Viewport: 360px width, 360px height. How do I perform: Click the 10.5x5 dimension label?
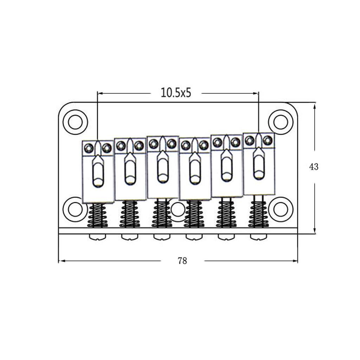[x=176, y=93]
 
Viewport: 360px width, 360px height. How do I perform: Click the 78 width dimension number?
[x=182, y=261]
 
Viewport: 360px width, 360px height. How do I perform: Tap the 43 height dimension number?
[x=314, y=167]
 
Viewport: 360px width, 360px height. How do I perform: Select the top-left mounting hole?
[x=75, y=122]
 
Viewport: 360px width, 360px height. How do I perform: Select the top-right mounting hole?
[x=281, y=122]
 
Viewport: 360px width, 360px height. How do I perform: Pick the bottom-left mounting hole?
[x=75, y=210]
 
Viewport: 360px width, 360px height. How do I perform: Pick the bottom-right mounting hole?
[x=281, y=210]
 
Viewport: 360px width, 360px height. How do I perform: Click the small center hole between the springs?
[x=178, y=210]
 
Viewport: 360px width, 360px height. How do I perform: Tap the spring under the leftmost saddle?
[x=97, y=215]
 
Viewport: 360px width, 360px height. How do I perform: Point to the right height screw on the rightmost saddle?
[x=268, y=140]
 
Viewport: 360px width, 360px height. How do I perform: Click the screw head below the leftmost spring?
[x=97, y=237]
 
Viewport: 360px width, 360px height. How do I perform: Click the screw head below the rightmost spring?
[x=258, y=237]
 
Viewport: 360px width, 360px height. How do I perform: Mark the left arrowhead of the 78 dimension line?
[x=61, y=261]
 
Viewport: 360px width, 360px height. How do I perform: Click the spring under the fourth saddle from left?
[x=194, y=214]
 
